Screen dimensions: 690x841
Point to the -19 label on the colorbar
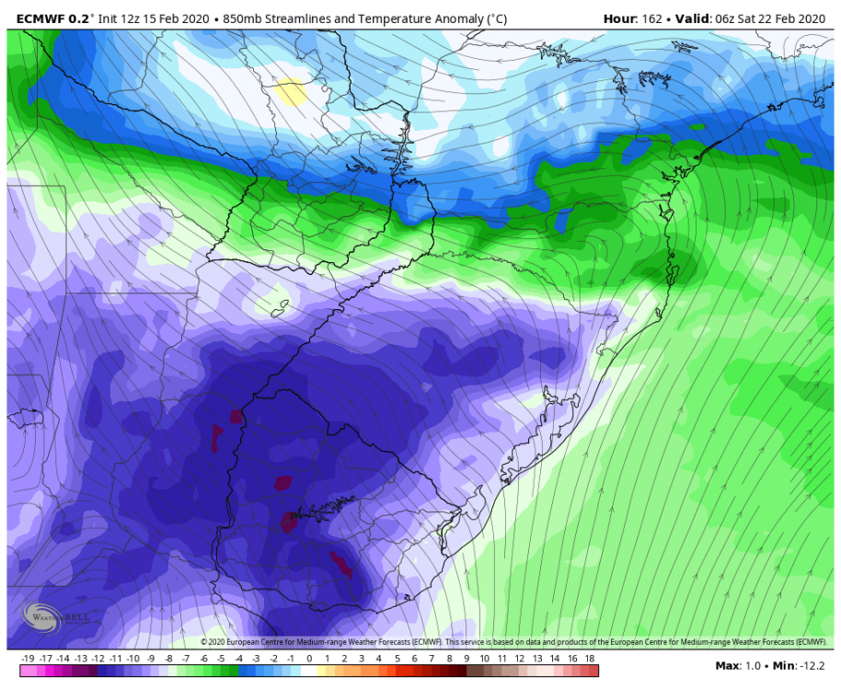tap(27, 659)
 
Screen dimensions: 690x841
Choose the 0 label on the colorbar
tap(309, 659)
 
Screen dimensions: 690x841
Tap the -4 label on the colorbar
tap(238, 659)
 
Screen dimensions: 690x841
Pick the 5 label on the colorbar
tap(397, 659)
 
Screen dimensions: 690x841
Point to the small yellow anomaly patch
tap(291, 93)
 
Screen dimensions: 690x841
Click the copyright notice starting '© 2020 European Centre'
tap(515, 641)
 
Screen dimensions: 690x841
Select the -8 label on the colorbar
tap(168, 659)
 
